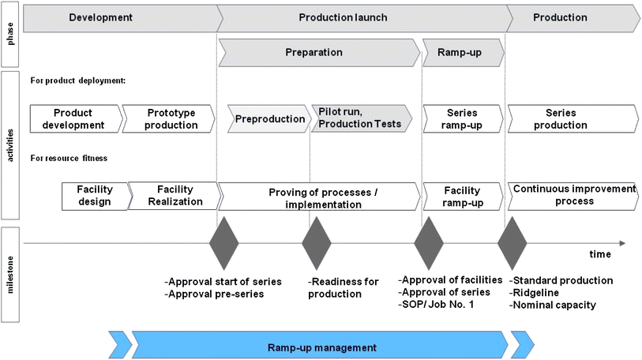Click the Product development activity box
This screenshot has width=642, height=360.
pos(77,118)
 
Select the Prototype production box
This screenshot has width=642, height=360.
pos(170,118)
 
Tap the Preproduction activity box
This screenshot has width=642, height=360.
pos(269,118)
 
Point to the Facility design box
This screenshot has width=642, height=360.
pos(95,196)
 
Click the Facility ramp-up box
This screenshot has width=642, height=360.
pos(463,196)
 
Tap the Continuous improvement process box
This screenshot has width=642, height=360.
pos(573,196)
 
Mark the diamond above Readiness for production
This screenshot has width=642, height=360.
pos(316,243)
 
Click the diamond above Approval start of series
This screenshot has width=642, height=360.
pos(224,243)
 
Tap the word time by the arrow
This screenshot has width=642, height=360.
pos(599,255)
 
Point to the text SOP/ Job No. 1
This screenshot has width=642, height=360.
pos(437,305)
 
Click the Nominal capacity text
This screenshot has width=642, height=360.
pos(554,305)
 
